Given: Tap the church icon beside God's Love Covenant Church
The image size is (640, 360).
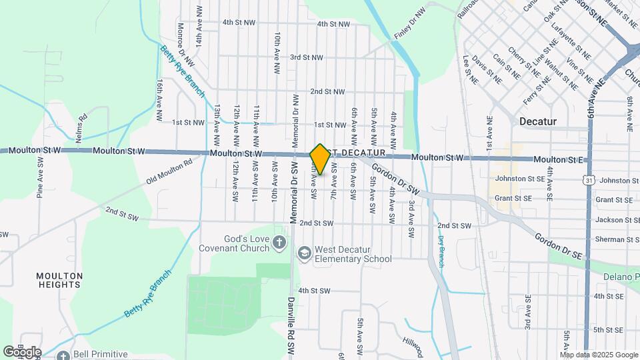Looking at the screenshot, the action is tap(279, 244).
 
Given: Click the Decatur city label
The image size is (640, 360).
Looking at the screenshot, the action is tap(537, 121).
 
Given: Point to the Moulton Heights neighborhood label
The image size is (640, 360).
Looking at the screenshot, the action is tap(60, 280).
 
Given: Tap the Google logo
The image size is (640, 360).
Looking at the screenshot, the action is tap(22, 352).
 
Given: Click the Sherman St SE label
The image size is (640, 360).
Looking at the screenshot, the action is tap(617, 239).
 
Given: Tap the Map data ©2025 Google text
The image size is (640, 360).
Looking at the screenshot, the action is tap(599, 355).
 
